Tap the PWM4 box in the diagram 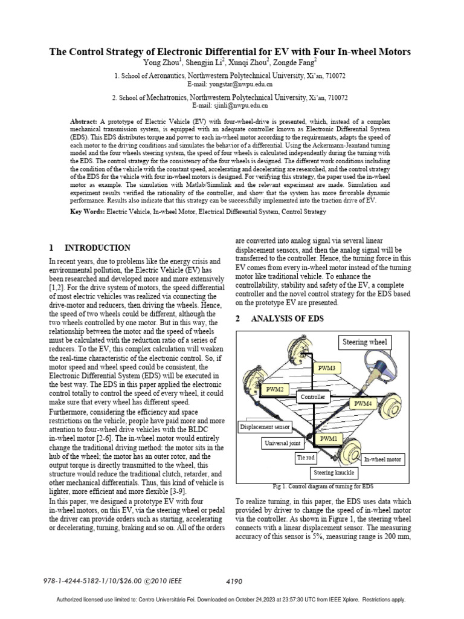click(362, 403)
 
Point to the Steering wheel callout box click(365, 342)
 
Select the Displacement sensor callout click(265, 427)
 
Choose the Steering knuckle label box click(332, 472)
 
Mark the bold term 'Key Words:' click(88, 212)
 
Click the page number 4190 click(233, 582)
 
